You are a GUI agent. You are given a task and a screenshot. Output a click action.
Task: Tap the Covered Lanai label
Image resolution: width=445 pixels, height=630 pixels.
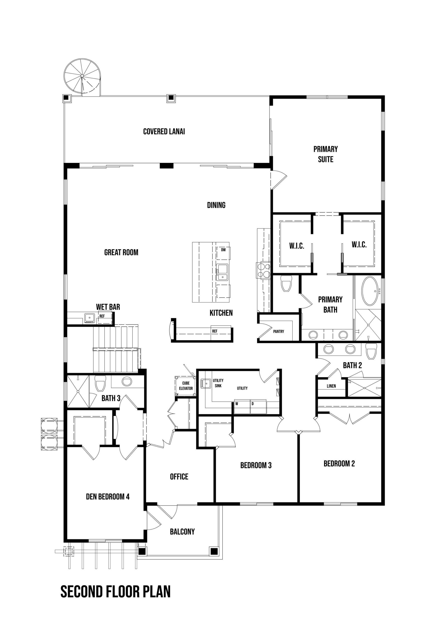click(x=164, y=131)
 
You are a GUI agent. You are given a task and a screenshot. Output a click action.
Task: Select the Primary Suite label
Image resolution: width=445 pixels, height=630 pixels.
click(x=326, y=154)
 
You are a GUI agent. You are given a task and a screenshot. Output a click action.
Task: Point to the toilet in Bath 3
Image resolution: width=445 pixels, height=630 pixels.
click(x=100, y=383)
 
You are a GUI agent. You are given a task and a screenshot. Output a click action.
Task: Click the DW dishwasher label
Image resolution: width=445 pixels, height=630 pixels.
click(x=223, y=250)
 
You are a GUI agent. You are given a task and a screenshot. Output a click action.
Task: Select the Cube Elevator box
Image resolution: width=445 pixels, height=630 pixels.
click(x=186, y=386)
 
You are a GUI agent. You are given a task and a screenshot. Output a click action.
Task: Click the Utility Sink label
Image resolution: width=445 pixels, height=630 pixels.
click(x=218, y=383)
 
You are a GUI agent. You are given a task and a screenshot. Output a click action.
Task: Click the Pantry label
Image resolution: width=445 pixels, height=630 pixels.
click(x=279, y=331)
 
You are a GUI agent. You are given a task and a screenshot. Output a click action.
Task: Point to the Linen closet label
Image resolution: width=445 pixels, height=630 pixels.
click(x=331, y=386)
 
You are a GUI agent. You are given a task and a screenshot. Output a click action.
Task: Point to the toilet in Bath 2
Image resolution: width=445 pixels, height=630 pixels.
click(x=372, y=351)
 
